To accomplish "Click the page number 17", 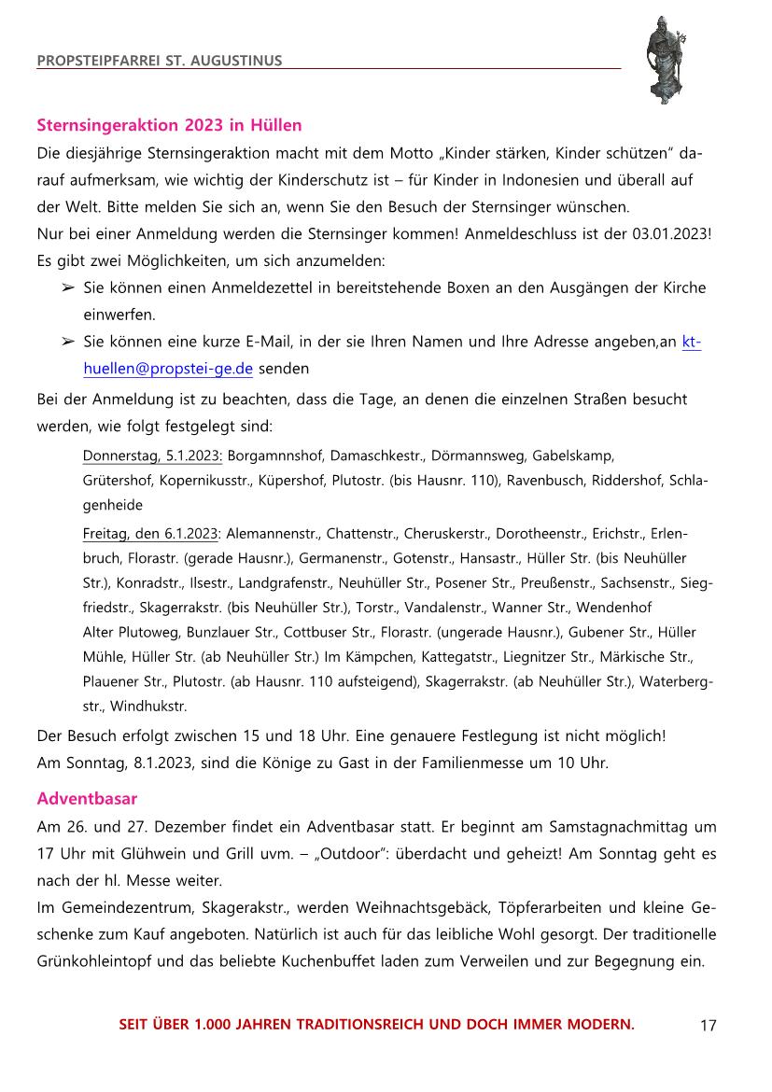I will coord(708,1026).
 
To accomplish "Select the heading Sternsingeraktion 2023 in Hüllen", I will coord(169,124).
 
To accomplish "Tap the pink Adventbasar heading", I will coord(87,799).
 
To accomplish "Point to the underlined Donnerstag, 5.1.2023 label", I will coord(152,456).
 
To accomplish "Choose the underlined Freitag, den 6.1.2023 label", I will coord(151,534).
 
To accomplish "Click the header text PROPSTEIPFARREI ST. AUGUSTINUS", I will coord(159,62).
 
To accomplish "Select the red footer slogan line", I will coord(376,1024).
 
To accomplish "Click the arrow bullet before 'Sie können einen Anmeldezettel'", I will coord(67,287).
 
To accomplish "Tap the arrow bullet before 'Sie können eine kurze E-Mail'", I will coord(67,342).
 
